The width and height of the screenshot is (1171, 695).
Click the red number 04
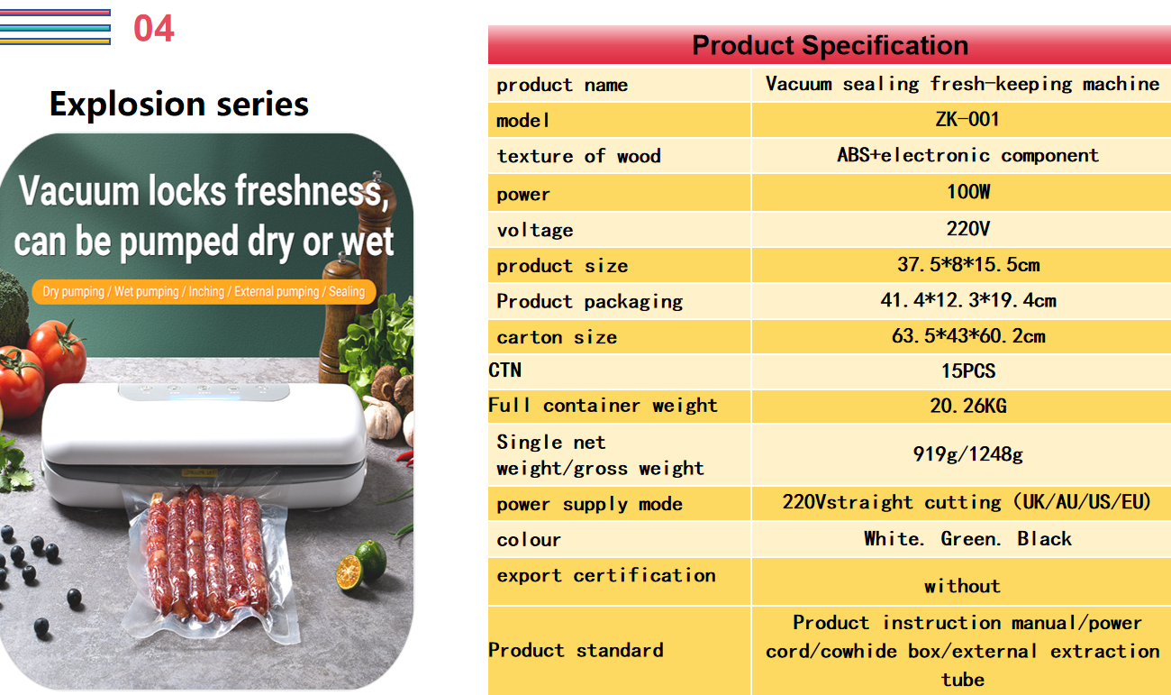point(154,28)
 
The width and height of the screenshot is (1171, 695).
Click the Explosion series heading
point(179,105)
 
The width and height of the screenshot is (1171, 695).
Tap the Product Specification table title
point(830,45)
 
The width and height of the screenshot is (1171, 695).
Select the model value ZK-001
point(967,119)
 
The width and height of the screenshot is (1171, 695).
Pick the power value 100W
point(968,191)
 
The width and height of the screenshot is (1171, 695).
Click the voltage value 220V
point(968,229)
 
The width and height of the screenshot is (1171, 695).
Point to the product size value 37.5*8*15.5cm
point(968,265)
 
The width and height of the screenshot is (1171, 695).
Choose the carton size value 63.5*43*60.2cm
point(968,336)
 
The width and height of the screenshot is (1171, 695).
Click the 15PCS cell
point(968,371)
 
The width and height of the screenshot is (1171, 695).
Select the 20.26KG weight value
point(968,407)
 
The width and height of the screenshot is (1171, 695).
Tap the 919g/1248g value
point(968,454)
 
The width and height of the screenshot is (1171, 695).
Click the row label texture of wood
point(578,156)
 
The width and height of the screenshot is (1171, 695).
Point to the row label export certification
point(606,575)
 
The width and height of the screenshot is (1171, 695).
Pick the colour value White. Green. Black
point(968,539)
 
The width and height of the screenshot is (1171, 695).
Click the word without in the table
point(962,586)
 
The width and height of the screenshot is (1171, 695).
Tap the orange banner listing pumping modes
point(204,291)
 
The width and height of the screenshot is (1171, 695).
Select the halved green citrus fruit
point(349,572)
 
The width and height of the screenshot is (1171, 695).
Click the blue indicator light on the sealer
point(204,398)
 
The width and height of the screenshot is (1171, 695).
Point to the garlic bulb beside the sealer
point(382,417)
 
